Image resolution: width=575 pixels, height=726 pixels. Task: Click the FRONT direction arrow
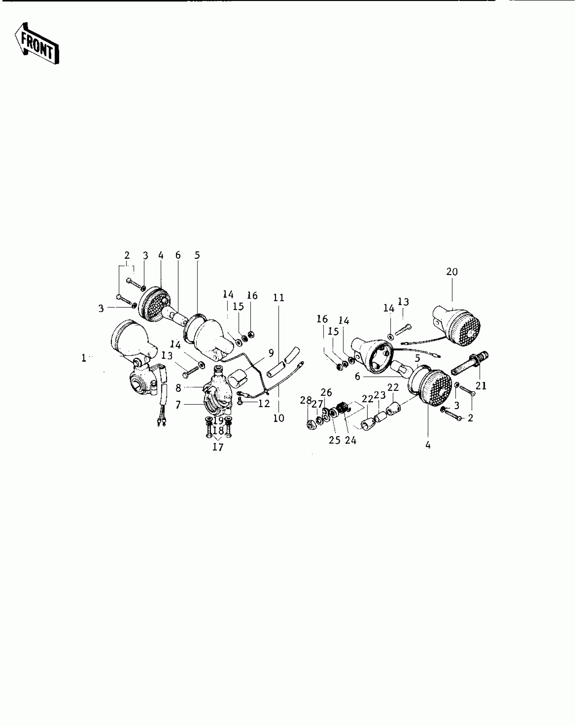[x=37, y=44]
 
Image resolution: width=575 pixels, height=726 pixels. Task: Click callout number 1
[x=84, y=358]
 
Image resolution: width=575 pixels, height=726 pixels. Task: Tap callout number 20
[x=452, y=272]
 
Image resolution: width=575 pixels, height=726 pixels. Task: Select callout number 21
[x=481, y=385]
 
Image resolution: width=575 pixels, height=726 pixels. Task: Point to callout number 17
[x=218, y=447]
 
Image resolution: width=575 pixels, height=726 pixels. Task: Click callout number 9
[x=271, y=353]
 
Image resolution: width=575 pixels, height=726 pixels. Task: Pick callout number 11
[x=279, y=298]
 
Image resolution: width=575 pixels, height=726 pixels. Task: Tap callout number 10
[x=279, y=418]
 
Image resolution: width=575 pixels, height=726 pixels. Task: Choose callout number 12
[x=264, y=403]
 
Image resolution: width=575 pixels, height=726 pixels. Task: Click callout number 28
[x=306, y=400]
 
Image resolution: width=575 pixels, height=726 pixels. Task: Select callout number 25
[x=335, y=441]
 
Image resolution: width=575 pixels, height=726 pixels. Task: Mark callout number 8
[x=179, y=388]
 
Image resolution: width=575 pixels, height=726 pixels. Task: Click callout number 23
[x=380, y=395]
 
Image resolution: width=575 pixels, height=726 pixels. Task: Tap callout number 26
[x=326, y=392]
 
